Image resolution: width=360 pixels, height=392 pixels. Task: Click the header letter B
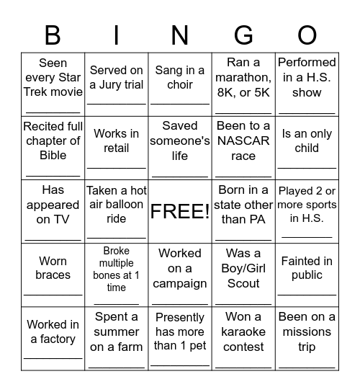tap(53, 34)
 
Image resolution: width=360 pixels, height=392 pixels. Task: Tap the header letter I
tap(117, 34)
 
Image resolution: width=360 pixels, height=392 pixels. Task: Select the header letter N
tap(180, 34)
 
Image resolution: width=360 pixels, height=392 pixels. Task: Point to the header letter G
tap(243, 34)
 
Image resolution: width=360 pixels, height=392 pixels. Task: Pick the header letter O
tap(307, 34)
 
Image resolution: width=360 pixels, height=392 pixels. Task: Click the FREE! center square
tap(180, 211)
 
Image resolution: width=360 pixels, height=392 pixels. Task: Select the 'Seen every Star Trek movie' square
tap(53, 84)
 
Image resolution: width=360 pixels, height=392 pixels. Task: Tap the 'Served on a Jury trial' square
tap(117, 84)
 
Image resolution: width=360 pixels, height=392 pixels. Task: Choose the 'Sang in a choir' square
tap(180, 84)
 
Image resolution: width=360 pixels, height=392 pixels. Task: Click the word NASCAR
tap(243, 141)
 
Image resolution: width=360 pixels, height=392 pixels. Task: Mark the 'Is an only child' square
tap(307, 147)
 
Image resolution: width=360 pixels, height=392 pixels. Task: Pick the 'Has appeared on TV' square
tap(53, 211)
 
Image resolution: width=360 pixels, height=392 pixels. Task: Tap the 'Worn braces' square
tap(53, 275)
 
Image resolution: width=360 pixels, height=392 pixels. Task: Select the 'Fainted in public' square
tap(307, 275)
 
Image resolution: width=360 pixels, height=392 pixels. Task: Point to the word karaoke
tap(243, 331)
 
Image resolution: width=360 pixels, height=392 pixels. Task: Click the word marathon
tap(243, 78)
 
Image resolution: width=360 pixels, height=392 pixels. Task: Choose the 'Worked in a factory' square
tap(53, 338)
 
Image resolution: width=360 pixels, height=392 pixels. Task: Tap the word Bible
tap(53, 155)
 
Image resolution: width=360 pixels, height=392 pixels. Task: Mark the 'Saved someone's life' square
tap(180, 147)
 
